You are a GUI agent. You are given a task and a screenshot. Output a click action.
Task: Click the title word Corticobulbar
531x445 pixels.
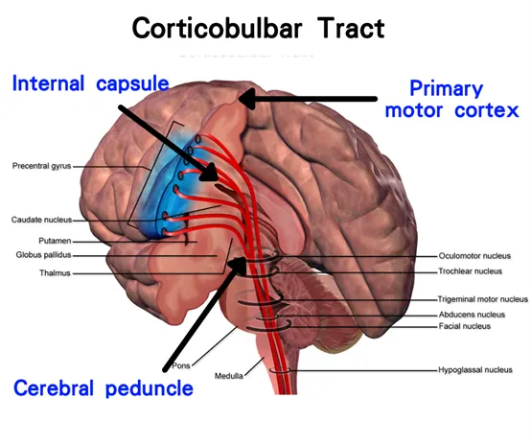tap(217, 28)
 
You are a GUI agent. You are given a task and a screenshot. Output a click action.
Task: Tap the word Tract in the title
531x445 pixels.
tap(351, 28)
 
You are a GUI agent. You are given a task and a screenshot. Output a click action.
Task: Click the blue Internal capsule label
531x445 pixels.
tap(90, 83)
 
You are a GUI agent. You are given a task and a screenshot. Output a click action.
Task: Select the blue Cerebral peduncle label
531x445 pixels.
tap(104, 388)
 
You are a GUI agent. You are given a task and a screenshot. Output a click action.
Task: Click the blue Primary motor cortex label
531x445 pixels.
tap(451, 100)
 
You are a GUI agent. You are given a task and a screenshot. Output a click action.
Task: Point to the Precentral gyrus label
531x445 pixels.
tap(41, 166)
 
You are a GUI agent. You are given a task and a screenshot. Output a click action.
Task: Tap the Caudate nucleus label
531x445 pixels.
tap(41, 220)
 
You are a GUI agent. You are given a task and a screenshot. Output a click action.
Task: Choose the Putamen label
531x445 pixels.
tap(55, 241)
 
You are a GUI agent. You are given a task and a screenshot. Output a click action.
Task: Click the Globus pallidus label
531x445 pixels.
tap(44, 255)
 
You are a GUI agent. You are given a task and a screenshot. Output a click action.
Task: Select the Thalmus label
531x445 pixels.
tap(55, 272)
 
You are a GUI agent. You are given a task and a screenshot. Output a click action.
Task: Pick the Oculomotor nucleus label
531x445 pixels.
tap(474, 256)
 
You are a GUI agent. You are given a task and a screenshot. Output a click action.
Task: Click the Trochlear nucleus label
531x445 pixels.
tap(471, 271)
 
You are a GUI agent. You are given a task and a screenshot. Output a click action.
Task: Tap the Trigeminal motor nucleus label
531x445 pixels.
tap(482, 299)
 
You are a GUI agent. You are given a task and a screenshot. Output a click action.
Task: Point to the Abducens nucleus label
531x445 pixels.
tap(473, 315)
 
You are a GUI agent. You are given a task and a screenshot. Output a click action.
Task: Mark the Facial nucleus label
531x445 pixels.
tap(465, 326)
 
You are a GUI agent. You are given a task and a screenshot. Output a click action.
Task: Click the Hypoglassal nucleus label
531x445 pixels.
tap(475, 370)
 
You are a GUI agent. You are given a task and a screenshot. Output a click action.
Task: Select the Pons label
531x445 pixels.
tap(181, 366)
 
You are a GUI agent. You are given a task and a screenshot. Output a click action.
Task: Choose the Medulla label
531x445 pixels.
tap(229, 376)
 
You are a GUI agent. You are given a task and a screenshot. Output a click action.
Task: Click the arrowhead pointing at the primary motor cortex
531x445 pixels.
tap(247, 99)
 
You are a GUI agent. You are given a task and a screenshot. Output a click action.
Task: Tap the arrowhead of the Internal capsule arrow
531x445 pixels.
tap(209, 173)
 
